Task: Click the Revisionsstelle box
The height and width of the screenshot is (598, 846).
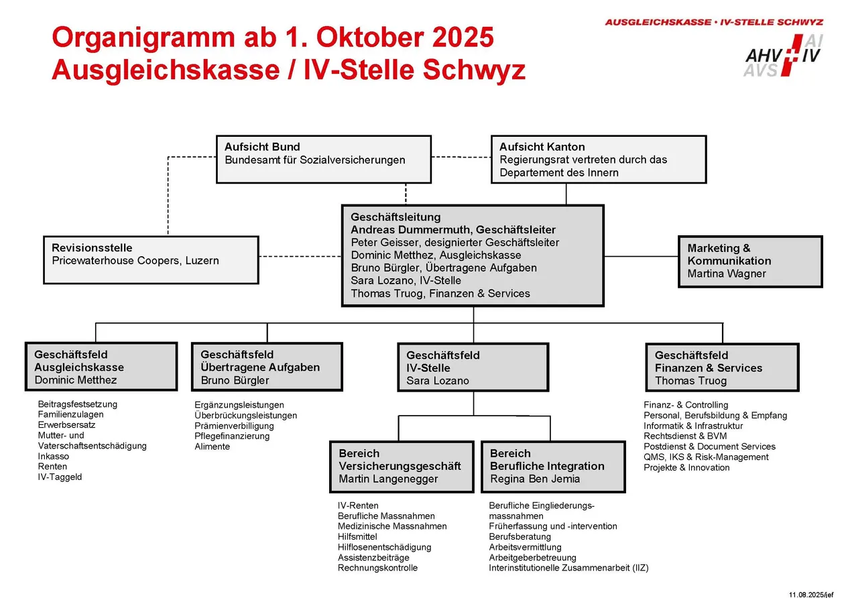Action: (x=151, y=259)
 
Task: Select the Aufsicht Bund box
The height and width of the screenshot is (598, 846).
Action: (x=323, y=160)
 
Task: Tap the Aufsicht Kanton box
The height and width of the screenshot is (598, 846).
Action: (x=599, y=160)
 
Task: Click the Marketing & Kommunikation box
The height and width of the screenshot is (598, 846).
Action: (x=749, y=261)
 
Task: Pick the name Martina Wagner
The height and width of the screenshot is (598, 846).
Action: (x=727, y=274)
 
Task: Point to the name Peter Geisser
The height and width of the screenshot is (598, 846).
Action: (x=384, y=243)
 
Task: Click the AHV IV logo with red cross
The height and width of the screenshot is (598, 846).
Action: (x=783, y=54)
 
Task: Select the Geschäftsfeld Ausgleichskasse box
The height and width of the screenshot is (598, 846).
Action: (x=101, y=367)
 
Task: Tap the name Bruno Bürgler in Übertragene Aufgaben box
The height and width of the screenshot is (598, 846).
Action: (x=235, y=380)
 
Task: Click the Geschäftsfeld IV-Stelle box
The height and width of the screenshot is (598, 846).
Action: (x=473, y=367)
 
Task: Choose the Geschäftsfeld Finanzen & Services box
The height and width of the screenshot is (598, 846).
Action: (x=722, y=367)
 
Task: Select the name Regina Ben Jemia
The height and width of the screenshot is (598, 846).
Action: (x=535, y=479)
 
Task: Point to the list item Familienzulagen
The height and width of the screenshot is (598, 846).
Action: (x=70, y=414)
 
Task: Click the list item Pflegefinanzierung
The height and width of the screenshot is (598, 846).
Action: (x=232, y=436)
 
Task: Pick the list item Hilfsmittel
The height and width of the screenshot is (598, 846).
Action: (x=357, y=536)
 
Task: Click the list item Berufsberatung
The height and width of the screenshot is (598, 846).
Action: (x=520, y=536)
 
